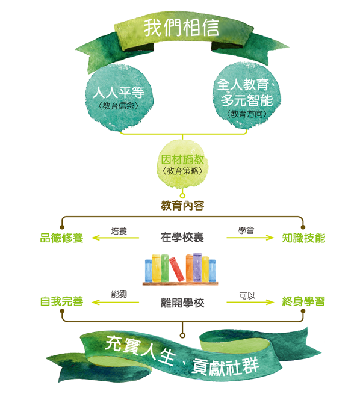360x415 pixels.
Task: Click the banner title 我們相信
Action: pos(181,28)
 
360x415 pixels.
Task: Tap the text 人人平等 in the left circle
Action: pos(119,93)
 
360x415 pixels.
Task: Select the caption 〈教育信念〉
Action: pos(118,106)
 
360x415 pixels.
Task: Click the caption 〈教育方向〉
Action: pos(247,114)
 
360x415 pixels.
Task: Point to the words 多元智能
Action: pos(247,100)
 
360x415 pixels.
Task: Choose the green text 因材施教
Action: pos(182,159)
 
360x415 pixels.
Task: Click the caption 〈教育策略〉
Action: pos(182,171)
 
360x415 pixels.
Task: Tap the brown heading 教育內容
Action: pos(182,206)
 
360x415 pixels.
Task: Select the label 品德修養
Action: pos(62,238)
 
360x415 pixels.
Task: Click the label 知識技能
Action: pos(303,238)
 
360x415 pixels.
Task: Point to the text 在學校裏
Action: pos(182,238)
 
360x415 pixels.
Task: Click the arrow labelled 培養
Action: pos(115,238)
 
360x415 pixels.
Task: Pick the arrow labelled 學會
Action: pos(250,238)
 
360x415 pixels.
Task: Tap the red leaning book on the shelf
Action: pos(176,269)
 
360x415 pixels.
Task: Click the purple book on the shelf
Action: pos(197,267)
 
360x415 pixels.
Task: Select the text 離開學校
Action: pos(182,303)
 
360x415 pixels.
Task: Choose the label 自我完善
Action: pos(62,301)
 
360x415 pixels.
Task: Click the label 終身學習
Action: pos(303,301)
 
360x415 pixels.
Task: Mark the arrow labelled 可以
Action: pos(250,302)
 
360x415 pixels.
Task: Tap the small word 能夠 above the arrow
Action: pos(119,294)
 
